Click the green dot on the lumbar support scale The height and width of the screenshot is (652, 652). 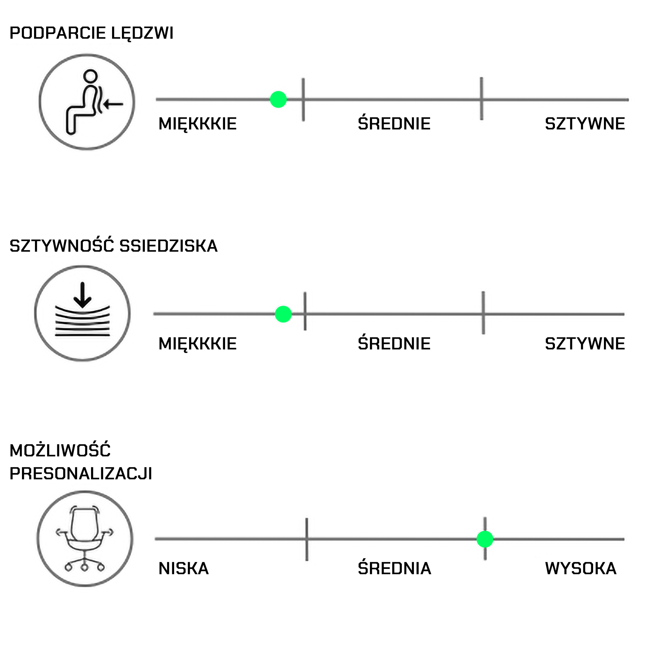(279, 100)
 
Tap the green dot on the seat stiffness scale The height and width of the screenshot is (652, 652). (283, 314)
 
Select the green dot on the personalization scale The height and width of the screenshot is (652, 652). (485, 539)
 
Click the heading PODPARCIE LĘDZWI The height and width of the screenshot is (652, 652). (91, 33)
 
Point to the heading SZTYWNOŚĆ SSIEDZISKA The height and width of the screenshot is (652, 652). (113, 246)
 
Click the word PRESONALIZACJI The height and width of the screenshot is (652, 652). (81, 473)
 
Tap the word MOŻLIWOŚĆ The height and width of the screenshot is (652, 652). (60, 450)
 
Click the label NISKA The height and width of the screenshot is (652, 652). (184, 568)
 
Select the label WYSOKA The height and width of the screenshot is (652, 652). (580, 568)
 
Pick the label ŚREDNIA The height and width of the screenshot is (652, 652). (394, 568)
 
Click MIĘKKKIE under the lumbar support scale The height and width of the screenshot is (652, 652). (197, 124)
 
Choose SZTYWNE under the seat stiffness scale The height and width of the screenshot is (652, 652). (585, 344)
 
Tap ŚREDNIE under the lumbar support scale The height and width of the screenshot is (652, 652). (394, 124)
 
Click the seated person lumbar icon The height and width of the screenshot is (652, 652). (87, 102)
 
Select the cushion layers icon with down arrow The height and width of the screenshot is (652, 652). (82, 313)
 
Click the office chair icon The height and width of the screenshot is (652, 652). (85, 539)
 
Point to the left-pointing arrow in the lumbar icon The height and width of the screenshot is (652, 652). (113, 104)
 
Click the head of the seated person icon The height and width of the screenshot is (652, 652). (90, 76)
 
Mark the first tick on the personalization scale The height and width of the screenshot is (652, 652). (307, 539)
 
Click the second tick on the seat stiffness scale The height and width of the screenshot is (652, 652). (483, 313)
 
